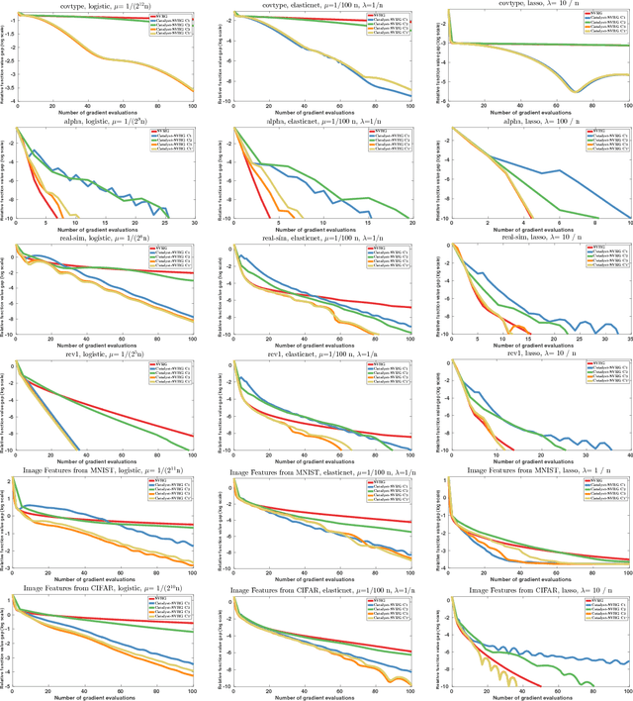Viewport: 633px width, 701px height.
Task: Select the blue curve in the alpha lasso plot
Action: coord(554,174)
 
